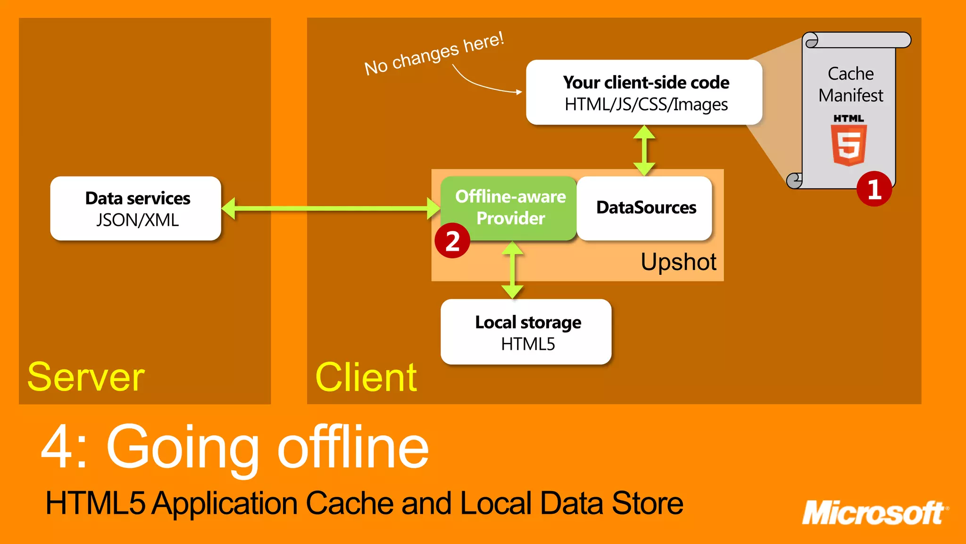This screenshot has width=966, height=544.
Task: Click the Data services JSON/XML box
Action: pos(136,208)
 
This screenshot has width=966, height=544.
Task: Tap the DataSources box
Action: pos(645,208)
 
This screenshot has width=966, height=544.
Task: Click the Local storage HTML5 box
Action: pos(526,332)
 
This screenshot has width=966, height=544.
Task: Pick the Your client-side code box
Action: pos(644,93)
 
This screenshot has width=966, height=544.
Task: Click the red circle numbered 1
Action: pos(874,189)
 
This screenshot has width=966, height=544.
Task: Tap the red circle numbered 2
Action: pos(452,241)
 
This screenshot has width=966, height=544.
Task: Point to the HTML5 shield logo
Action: pos(849,144)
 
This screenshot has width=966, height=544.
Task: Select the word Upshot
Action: pos(678,262)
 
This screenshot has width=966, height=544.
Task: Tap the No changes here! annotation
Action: pos(434,53)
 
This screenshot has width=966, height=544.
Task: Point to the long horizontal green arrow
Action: pos(330,208)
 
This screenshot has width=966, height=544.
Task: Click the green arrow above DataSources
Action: pos(644,151)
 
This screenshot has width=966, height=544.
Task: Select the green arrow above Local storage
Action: pos(512,270)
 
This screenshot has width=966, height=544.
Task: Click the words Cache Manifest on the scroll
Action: pos(850,84)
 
